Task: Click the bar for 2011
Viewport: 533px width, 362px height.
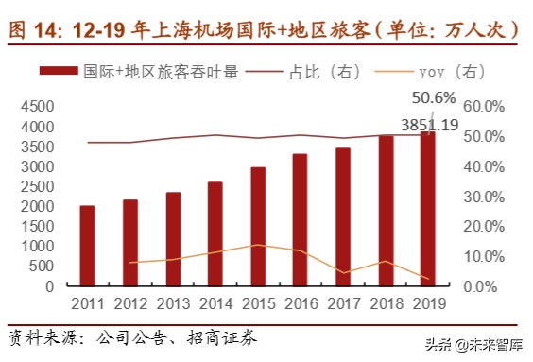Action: click(87, 246)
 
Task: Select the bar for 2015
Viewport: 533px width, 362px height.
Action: click(258, 227)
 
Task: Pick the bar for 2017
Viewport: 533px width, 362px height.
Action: click(343, 216)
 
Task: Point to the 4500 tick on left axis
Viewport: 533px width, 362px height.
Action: click(37, 107)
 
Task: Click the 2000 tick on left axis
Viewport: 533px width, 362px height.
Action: click(37, 206)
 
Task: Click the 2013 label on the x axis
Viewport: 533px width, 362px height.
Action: click(172, 302)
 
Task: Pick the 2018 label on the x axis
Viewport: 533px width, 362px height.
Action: click(386, 302)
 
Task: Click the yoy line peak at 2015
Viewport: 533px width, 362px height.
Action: click(258, 245)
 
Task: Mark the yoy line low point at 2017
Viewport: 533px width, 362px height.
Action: click(343, 273)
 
